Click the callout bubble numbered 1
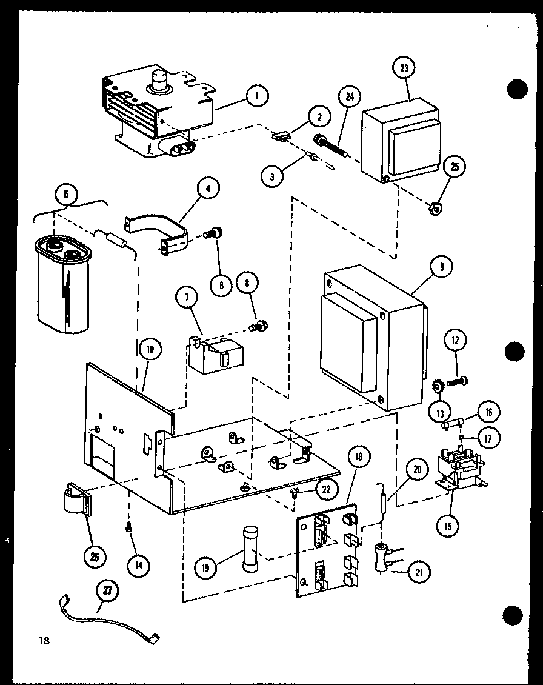pos(258,95)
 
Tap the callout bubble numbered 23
pos(403,68)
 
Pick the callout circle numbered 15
pos(447,525)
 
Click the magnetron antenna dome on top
pos(160,82)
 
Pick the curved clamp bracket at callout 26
pos(77,499)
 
